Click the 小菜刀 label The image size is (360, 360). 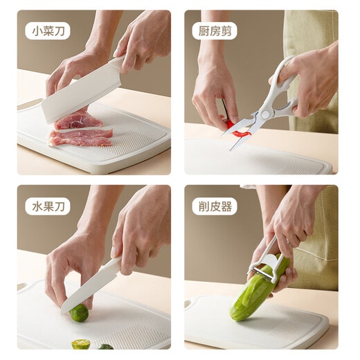[x=48, y=30]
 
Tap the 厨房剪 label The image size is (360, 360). [x=214, y=30]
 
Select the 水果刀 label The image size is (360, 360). [x=48, y=206]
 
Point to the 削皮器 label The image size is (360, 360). [x=214, y=206]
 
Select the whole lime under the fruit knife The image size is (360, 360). [x=78, y=313]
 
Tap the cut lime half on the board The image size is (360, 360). [x=81, y=343]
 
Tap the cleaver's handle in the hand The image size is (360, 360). [x=117, y=63]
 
